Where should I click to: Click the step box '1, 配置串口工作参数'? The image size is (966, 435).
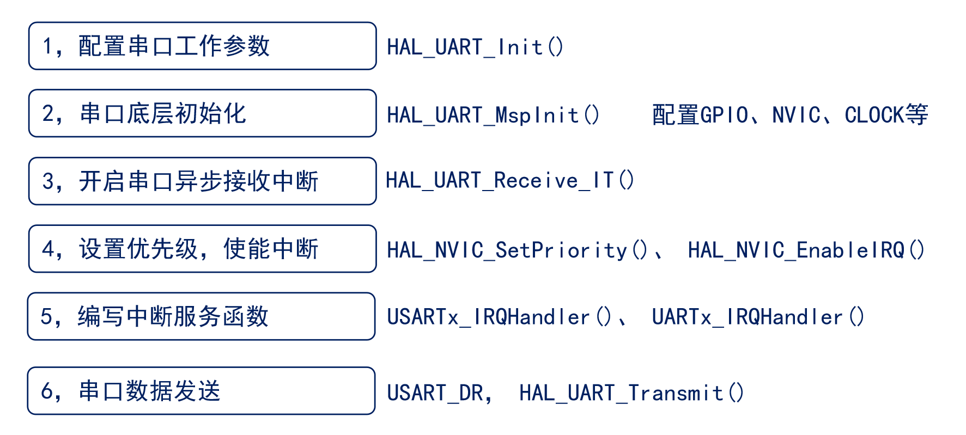[202, 46]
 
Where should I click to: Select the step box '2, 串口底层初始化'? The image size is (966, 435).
[202, 114]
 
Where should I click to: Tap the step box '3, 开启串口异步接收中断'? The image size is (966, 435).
[202, 181]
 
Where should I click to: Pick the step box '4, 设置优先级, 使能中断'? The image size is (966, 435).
[202, 249]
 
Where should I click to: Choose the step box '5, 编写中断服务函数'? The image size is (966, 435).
[201, 316]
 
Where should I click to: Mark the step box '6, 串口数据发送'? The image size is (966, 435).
[201, 391]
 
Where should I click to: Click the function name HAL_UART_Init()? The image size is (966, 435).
[475, 47]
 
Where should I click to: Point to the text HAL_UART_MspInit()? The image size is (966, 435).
[493, 115]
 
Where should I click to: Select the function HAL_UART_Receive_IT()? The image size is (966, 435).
[510, 181]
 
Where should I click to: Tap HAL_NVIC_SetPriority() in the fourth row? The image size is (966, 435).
[517, 250]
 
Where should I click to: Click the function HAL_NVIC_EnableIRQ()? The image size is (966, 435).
[806, 250]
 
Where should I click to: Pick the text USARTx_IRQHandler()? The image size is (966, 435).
[499, 317]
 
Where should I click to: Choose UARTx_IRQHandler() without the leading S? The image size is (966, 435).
[758, 317]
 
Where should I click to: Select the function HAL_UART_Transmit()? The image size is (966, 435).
[631, 393]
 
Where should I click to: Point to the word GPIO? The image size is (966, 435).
[724, 115]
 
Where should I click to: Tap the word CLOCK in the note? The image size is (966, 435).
[874, 115]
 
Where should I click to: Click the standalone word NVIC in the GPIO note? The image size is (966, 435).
[796, 115]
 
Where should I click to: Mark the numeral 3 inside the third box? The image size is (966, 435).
[48, 182]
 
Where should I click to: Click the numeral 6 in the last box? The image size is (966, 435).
[47, 391]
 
